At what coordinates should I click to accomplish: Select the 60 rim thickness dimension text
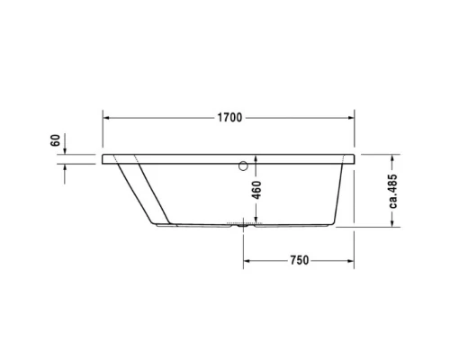click(56, 141)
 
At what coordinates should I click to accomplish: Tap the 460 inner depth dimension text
click(256, 190)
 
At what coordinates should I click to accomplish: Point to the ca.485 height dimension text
click(393, 190)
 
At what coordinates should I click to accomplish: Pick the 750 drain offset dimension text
click(299, 260)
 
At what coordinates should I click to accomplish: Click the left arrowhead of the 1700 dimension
click(106, 117)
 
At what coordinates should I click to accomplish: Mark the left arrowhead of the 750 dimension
click(247, 260)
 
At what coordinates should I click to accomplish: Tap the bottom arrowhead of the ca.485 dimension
click(393, 226)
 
